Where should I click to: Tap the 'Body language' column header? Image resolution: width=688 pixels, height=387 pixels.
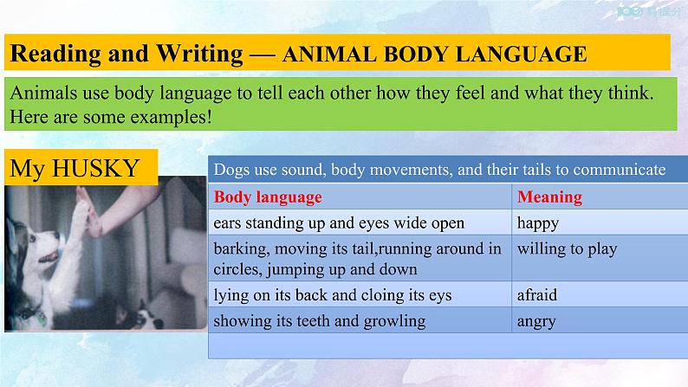267,197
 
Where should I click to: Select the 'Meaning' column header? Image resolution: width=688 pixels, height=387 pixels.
549,197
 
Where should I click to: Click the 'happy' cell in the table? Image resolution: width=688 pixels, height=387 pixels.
538,223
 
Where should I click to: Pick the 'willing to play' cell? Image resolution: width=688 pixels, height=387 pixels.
567,249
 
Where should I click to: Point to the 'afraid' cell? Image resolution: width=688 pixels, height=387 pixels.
537,295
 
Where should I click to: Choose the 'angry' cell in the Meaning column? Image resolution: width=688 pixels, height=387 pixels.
536,321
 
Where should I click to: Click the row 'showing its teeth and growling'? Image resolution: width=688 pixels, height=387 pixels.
319,321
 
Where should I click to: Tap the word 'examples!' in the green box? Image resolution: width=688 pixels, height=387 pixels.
172,115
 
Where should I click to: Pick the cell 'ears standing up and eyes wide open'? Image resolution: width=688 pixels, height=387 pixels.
339,223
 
